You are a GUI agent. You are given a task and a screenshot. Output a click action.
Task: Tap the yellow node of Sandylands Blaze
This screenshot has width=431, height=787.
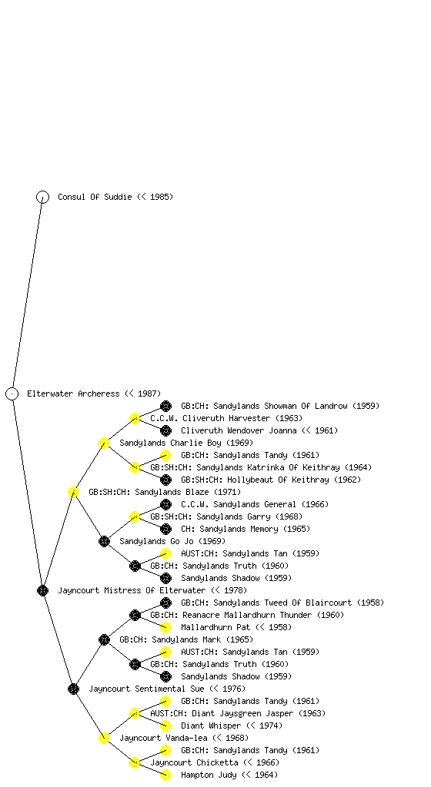(x=73, y=492)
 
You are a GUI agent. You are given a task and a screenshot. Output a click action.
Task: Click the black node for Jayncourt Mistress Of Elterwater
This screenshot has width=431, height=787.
(x=42, y=590)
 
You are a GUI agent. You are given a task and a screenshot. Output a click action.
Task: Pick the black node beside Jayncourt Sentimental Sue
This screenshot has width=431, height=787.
(x=73, y=689)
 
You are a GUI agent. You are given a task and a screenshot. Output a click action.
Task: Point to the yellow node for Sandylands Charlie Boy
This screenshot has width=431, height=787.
(x=104, y=443)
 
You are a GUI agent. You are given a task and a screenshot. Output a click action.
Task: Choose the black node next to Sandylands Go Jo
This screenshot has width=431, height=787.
(x=104, y=541)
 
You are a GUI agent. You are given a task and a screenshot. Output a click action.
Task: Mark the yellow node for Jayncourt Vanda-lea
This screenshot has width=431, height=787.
(x=104, y=738)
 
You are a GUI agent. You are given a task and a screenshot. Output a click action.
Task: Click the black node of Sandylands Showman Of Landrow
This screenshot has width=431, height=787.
(x=165, y=406)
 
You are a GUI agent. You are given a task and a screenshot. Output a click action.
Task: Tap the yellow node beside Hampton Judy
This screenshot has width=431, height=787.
(x=165, y=775)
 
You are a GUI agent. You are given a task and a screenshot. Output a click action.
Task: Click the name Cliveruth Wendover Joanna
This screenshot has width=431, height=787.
(x=239, y=430)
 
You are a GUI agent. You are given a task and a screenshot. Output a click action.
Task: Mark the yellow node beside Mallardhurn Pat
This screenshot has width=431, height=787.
(x=165, y=627)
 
